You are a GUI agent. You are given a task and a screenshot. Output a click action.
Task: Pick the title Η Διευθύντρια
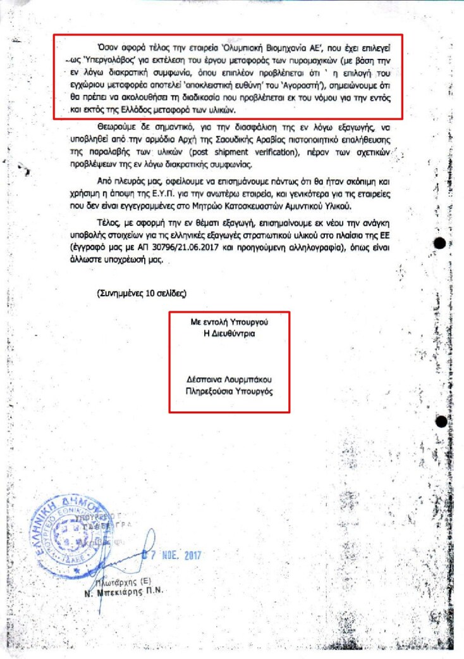(229, 333)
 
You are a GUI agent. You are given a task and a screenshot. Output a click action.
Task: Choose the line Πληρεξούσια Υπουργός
(229, 391)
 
